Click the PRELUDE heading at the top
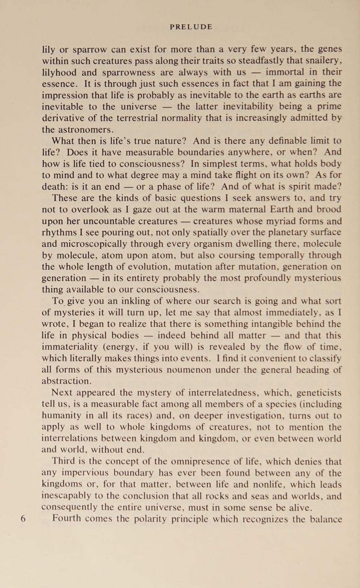pos(191,27)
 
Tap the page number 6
pos(23,519)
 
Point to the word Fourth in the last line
pos(66,519)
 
